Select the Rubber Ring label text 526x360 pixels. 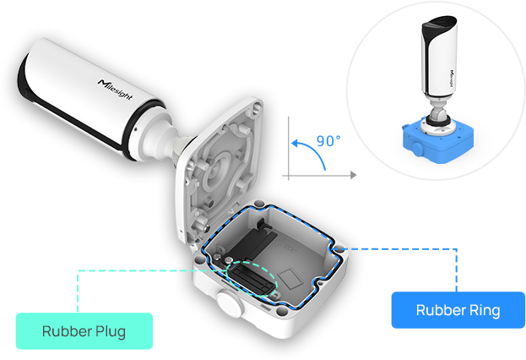click(x=458, y=310)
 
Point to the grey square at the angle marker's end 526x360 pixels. click(x=353, y=175)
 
